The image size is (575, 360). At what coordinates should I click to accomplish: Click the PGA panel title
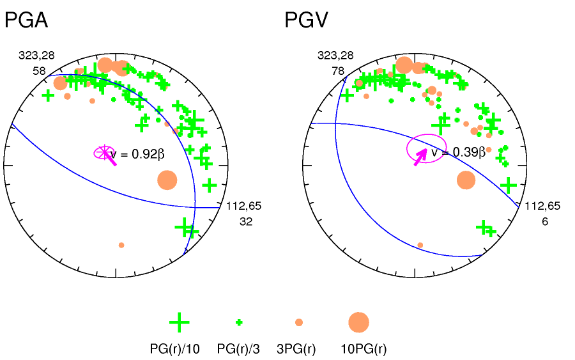[x=26, y=21]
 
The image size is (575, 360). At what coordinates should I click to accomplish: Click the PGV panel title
[x=306, y=21]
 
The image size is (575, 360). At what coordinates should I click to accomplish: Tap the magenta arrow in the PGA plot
[x=110, y=159]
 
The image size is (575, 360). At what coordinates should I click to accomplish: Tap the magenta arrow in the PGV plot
[x=420, y=156]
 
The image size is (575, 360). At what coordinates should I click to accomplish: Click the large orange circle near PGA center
[x=167, y=180]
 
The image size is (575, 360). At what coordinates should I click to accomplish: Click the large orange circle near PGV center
[x=466, y=180]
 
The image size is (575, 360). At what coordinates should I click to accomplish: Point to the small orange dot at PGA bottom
[x=121, y=245]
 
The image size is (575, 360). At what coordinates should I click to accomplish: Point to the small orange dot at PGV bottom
[x=420, y=245]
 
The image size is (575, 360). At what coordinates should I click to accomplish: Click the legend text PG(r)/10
[x=175, y=348]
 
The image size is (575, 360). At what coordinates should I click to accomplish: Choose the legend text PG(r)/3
[x=239, y=348]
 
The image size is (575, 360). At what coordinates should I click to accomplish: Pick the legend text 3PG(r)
[x=296, y=348]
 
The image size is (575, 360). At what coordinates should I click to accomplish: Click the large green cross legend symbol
[x=179, y=322]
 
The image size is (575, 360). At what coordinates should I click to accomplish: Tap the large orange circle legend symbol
[x=358, y=322]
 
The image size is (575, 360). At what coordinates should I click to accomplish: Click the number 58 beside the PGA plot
[x=39, y=70]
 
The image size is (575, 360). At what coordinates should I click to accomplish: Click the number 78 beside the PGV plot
[x=338, y=70]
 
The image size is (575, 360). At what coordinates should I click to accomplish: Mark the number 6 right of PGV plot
[x=544, y=221]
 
